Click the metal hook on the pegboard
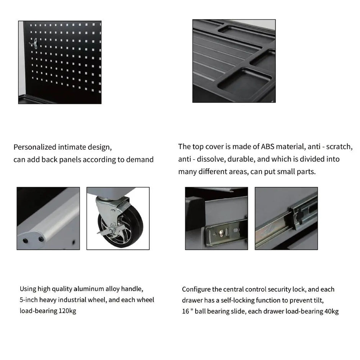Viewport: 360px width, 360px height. point(34,44)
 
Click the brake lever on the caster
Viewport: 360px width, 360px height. point(108,231)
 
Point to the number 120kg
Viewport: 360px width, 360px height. point(67,311)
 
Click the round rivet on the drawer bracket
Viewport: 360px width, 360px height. point(221,233)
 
